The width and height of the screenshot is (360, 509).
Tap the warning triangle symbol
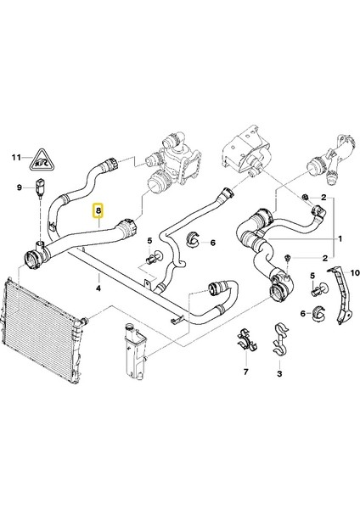pyautogui.click(x=41, y=158)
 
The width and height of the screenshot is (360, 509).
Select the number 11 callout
pyautogui.click(x=14, y=159)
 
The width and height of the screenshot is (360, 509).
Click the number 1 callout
pyautogui.click(x=342, y=239)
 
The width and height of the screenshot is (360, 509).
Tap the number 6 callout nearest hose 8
pyautogui.click(x=212, y=242)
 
